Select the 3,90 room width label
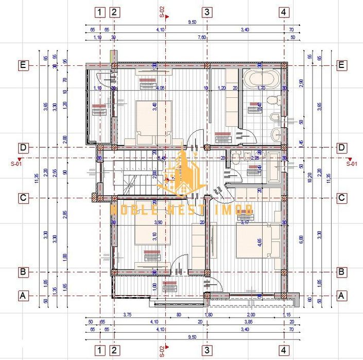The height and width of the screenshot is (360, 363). pyautogui.click(x=160, y=222)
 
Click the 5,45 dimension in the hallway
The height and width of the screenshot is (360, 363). pyautogui.click(x=161, y=158)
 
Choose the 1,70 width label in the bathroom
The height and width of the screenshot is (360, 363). pyautogui.click(x=261, y=88)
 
